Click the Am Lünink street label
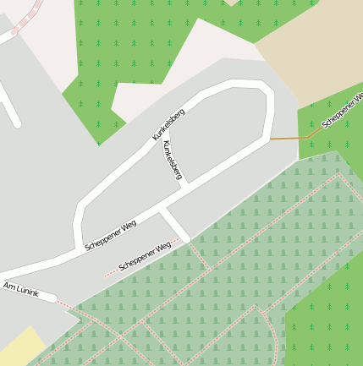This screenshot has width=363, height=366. click(x=22, y=289)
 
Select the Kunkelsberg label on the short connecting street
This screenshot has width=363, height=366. click(x=171, y=159)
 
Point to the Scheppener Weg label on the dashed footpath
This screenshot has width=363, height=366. click(x=145, y=255)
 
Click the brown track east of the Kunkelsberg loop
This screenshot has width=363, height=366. click(x=292, y=137)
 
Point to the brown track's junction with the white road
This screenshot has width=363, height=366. click(x=271, y=139)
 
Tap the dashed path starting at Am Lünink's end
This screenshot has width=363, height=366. click(x=76, y=313)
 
